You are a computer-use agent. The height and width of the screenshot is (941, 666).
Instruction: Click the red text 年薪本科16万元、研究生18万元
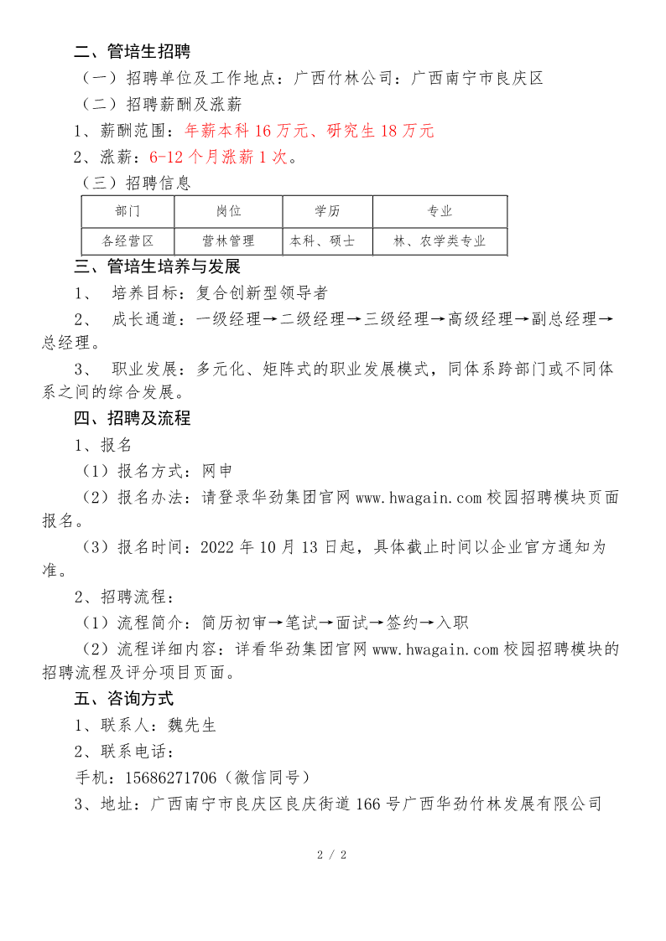(x=309, y=131)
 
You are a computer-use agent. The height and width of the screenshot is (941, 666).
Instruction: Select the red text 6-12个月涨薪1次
(x=218, y=157)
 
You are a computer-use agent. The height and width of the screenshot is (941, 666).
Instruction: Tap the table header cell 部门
(x=127, y=211)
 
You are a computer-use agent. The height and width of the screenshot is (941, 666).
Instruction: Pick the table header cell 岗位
(x=228, y=211)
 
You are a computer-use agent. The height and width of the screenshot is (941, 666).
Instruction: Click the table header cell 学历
(x=327, y=211)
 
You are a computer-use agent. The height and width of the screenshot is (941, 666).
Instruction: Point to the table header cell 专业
(x=440, y=211)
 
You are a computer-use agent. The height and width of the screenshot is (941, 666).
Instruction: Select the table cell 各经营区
(x=127, y=241)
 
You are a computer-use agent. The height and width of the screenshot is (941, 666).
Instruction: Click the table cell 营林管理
(x=228, y=241)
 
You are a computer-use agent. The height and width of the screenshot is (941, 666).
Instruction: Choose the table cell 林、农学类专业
(x=440, y=241)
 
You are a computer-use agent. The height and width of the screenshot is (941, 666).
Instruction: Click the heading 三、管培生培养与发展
(x=157, y=267)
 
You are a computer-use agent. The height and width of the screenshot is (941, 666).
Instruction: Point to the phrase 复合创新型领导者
(x=262, y=293)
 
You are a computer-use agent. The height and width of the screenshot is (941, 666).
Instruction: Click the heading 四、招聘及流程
(x=132, y=418)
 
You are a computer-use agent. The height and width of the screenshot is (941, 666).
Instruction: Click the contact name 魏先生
(x=192, y=725)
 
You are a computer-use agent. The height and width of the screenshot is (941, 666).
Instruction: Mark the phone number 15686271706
(x=170, y=777)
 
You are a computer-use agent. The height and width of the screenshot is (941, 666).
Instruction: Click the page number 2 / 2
(x=332, y=855)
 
